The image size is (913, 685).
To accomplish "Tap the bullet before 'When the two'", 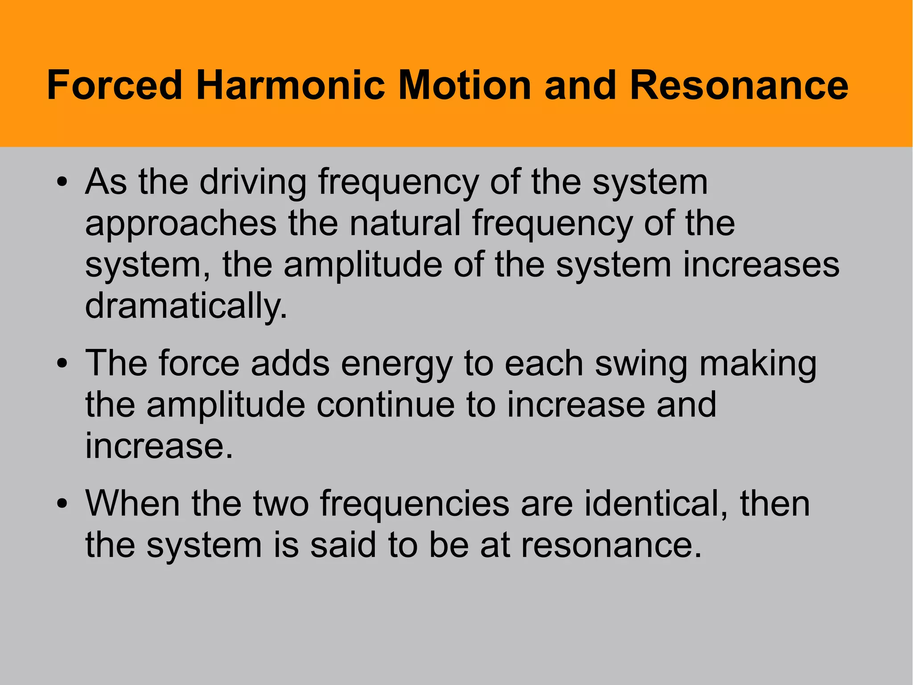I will coord(62,504).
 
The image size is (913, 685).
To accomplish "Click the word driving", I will coord(253,183).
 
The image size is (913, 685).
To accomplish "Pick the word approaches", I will coord(181,224).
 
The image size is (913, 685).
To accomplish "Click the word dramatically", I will coord(186,307).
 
